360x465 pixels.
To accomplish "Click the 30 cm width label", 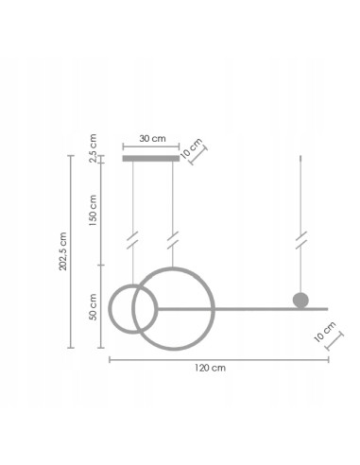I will click(151, 138).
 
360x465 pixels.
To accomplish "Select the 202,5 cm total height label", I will click(63, 251).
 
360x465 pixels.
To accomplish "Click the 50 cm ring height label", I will click(93, 308).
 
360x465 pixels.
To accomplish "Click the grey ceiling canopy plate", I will click(150, 159).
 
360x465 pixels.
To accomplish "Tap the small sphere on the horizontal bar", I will click(300, 301).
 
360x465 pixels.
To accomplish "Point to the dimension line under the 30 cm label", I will click(150, 147).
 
